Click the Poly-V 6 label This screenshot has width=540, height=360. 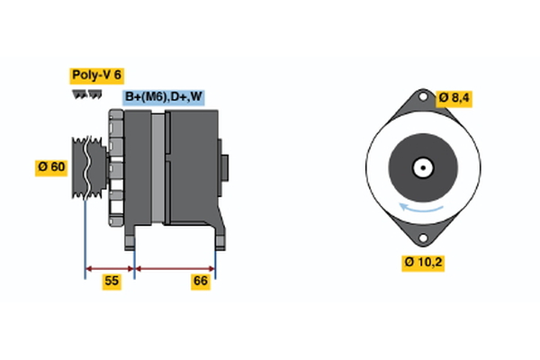pos(96,76)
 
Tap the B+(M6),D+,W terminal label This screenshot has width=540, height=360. pos(164,97)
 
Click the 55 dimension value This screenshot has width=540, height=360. pos(111,282)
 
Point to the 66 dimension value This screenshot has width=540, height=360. pos(201,282)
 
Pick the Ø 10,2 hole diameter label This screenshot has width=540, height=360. pos(424,262)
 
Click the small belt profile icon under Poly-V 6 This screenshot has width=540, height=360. pos(83,94)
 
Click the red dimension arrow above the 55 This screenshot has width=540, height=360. pos(110,267)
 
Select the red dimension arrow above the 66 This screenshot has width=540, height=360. pos(175,267)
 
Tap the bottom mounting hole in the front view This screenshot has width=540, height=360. pos(420,238)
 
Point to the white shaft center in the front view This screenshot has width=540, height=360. pos(420,167)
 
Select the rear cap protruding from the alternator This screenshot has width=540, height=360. pos(225,167)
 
